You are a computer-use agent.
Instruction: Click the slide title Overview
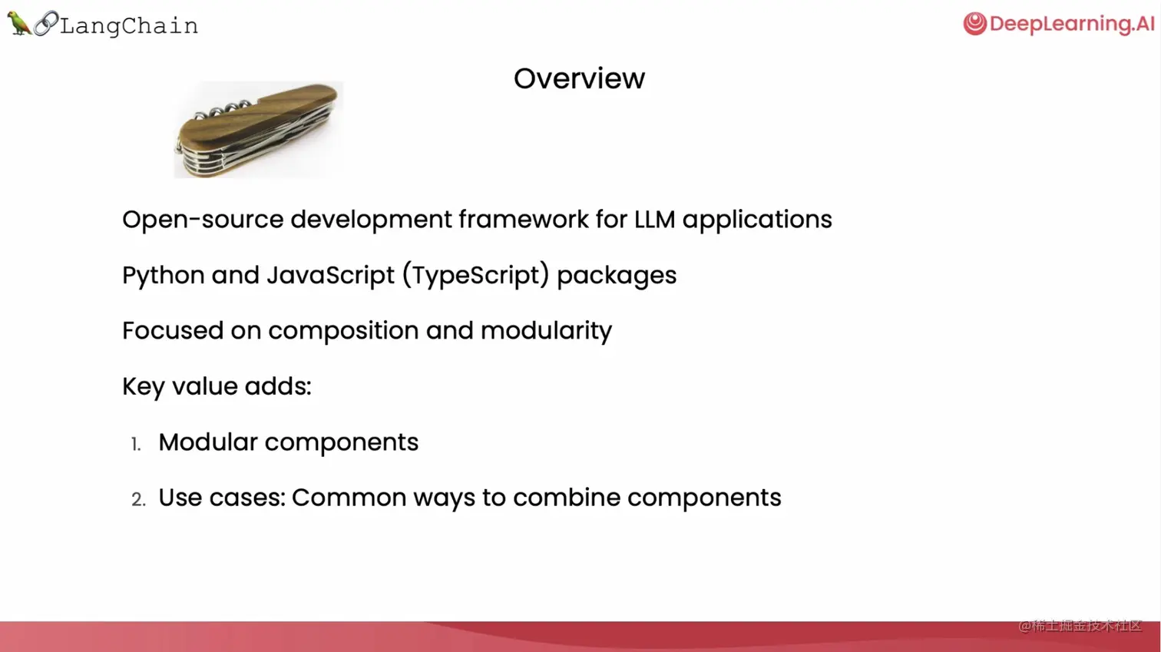(579, 79)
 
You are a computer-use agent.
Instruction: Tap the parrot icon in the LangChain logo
(19, 23)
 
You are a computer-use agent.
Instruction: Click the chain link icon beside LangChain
(46, 23)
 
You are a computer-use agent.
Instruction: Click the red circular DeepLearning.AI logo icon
(974, 24)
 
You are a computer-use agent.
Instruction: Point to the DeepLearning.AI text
(1072, 25)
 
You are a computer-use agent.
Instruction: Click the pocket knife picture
(258, 130)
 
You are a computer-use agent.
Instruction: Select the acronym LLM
(655, 219)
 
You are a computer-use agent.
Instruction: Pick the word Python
(164, 275)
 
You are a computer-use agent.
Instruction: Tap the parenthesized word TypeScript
(476, 275)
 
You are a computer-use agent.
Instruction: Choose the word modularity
(546, 331)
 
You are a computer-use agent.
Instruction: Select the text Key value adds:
(217, 386)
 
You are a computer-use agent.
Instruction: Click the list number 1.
(136, 444)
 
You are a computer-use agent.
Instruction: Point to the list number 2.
(138, 500)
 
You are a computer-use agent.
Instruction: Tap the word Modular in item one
(208, 442)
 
